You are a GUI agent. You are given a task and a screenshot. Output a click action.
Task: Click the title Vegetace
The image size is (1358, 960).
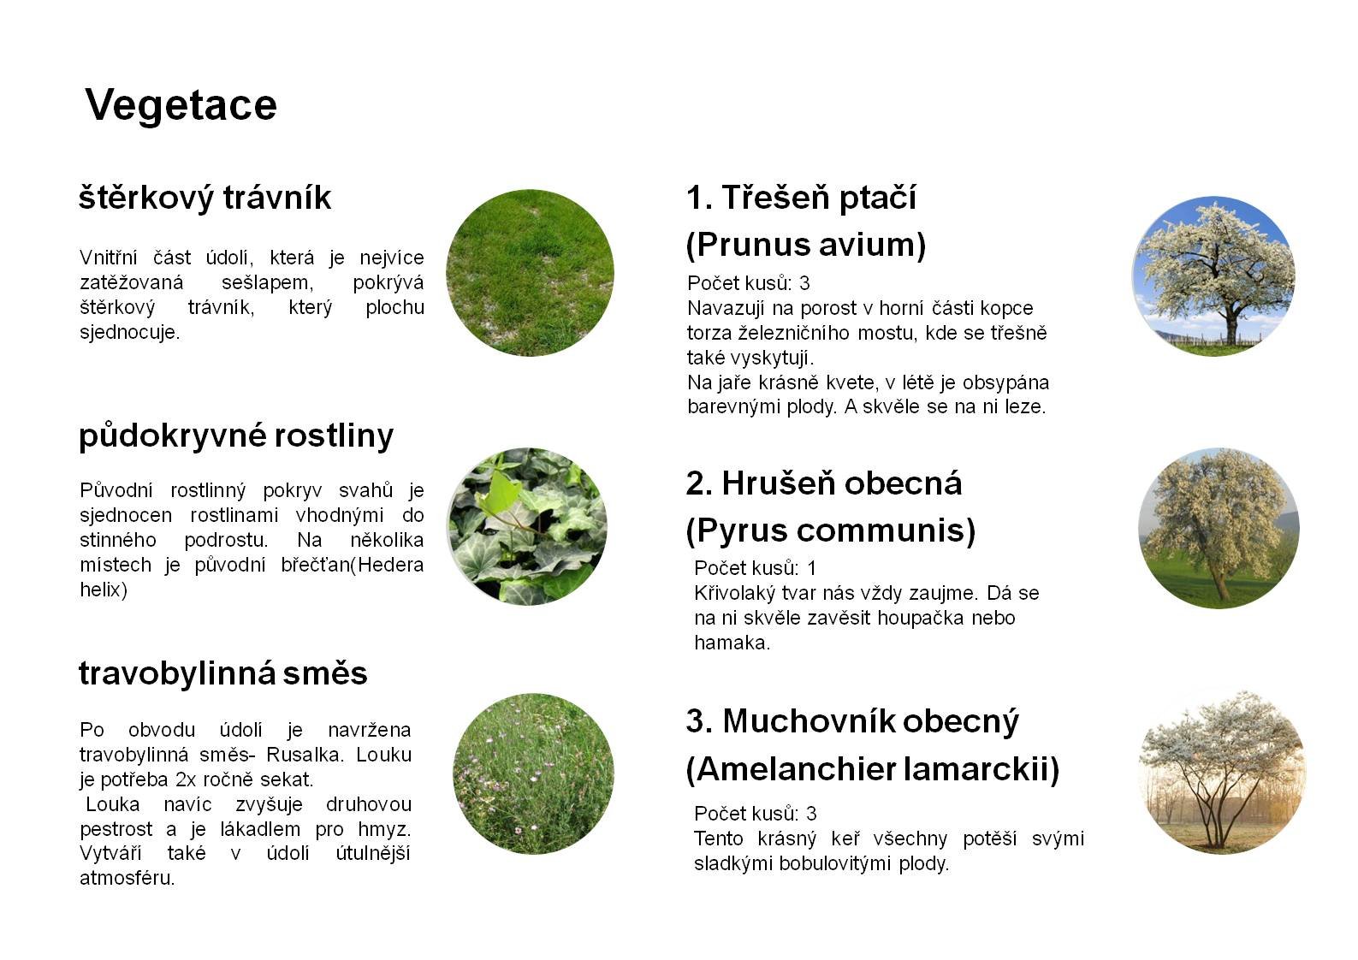point(181,106)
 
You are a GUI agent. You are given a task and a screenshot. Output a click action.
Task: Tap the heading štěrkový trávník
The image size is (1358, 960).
point(205,198)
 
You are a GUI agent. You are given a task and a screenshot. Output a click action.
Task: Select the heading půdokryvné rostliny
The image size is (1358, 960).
point(236,436)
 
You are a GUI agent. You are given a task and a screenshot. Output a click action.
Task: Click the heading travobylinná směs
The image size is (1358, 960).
point(223,673)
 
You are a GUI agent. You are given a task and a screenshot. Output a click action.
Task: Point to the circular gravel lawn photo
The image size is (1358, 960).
point(530,273)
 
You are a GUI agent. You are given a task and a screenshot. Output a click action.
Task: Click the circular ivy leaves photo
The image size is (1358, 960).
point(527,526)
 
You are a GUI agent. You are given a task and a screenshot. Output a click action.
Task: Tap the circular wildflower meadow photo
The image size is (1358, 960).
point(533,773)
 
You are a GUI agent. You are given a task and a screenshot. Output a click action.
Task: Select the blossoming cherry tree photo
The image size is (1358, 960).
point(1213,276)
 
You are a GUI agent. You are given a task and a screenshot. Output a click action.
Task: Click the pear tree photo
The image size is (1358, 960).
point(1219,528)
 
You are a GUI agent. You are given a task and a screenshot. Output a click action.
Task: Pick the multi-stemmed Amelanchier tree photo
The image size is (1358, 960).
point(1223,772)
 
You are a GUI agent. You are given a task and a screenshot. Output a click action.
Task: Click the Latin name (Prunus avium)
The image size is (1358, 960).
point(806,245)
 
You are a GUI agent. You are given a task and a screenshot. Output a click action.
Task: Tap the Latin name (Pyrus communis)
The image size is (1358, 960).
point(831,530)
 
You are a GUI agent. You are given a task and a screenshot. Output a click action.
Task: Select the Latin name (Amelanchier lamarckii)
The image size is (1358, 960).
point(873,769)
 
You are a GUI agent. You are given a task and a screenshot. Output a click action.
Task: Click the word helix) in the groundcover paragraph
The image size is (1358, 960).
point(104,590)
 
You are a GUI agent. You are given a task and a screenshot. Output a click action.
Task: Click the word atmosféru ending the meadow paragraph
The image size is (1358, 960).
point(127,878)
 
